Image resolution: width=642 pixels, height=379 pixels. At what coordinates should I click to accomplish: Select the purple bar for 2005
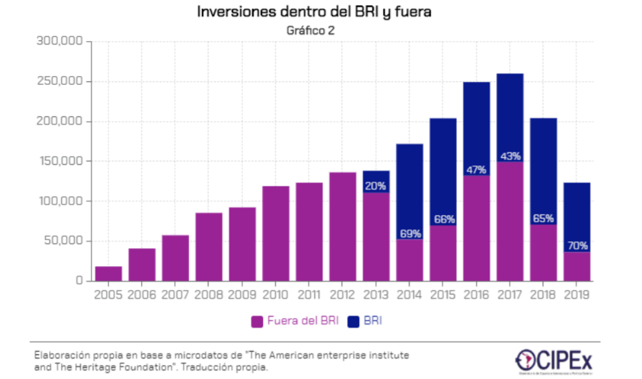click(x=108, y=273)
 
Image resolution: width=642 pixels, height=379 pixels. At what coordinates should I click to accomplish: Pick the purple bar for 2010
click(x=276, y=233)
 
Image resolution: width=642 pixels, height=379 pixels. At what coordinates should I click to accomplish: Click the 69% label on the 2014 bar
click(x=409, y=234)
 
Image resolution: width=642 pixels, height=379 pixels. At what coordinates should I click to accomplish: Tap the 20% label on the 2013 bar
click(x=376, y=186)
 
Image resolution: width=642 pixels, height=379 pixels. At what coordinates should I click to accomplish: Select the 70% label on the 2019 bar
click(x=577, y=245)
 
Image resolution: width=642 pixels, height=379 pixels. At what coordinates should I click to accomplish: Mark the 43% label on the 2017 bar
click(x=510, y=156)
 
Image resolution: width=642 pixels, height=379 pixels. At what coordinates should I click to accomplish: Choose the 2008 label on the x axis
click(x=208, y=294)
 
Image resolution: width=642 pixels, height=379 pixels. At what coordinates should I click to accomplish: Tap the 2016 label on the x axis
click(x=477, y=294)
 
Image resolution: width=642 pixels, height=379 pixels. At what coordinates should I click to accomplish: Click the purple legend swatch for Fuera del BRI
click(x=257, y=322)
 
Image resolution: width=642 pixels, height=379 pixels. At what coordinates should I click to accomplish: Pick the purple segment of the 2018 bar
click(x=543, y=252)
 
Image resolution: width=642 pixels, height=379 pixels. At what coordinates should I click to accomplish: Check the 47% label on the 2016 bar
click(x=477, y=169)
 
